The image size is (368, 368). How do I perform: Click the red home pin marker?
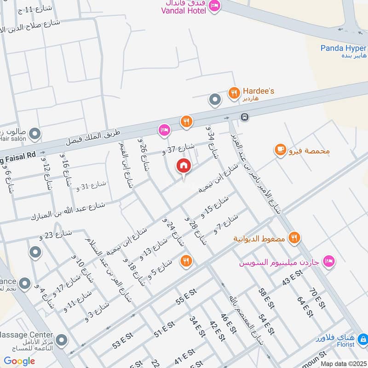184,166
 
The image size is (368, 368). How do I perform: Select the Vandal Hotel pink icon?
214,6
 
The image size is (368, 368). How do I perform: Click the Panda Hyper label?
343,48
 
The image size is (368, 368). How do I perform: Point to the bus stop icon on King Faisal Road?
245,117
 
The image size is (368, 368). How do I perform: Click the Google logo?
19,361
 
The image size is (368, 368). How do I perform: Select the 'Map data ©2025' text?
342,363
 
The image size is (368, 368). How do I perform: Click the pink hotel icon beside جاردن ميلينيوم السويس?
329,261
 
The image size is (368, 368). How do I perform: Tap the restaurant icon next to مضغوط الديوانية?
294,238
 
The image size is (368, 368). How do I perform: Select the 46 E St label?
228,324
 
